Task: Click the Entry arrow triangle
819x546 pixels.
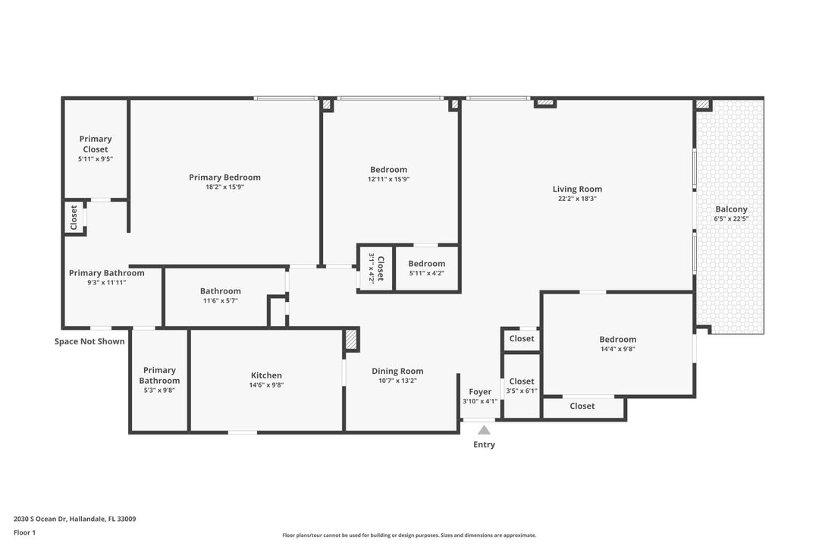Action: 484,430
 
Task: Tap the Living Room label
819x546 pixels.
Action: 577,189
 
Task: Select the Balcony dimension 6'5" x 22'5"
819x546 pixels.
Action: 731,219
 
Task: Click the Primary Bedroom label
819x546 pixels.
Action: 224,177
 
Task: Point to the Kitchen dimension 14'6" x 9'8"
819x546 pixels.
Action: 266,385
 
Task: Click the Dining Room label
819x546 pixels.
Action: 397,371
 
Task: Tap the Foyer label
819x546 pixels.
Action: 480,391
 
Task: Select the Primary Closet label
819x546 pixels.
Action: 96,144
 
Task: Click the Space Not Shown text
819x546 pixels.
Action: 89,341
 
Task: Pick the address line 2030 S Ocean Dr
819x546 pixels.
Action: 74,519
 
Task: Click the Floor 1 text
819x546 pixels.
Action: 24,532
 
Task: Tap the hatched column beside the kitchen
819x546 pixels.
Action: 351,339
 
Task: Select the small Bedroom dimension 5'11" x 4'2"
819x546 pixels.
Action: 427,274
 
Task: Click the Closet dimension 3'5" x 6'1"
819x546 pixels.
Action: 522,391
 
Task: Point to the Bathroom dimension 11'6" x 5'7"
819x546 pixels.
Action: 221,301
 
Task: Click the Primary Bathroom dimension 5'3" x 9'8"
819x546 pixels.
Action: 159,391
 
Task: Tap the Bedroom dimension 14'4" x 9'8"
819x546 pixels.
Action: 618,350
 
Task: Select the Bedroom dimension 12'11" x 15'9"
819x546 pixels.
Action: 388,180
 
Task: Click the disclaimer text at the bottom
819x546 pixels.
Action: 409,535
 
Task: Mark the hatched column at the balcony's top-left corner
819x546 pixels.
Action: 703,104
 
